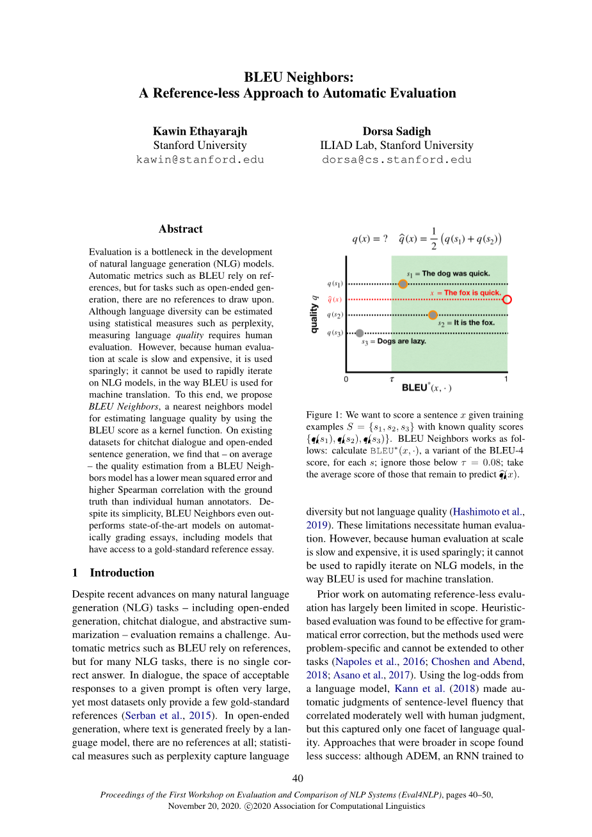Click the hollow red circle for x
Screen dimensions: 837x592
click(507, 299)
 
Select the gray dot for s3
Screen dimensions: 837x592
click(360, 333)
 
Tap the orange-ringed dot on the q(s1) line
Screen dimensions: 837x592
click(403, 284)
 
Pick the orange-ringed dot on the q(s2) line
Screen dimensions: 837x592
click(433, 315)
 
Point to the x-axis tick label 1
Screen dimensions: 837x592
click(506, 379)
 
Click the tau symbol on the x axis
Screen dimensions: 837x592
click(392, 379)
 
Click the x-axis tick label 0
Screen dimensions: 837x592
click(346, 379)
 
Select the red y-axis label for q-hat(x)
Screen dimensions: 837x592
click(335, 299)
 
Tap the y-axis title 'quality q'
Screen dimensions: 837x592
click(314, 315)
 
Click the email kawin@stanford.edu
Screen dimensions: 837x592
click(200, 160)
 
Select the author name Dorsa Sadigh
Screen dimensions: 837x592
click(397, 131)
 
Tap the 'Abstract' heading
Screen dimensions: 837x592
click(180, 229)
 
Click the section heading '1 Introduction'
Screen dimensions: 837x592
click(113, 573)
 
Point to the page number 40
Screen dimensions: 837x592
click(298, 778)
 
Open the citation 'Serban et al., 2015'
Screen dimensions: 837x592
click(170, 716)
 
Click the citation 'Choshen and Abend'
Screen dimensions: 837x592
click(477, 662)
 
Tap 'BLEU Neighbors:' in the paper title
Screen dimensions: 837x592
click(298, 77)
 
